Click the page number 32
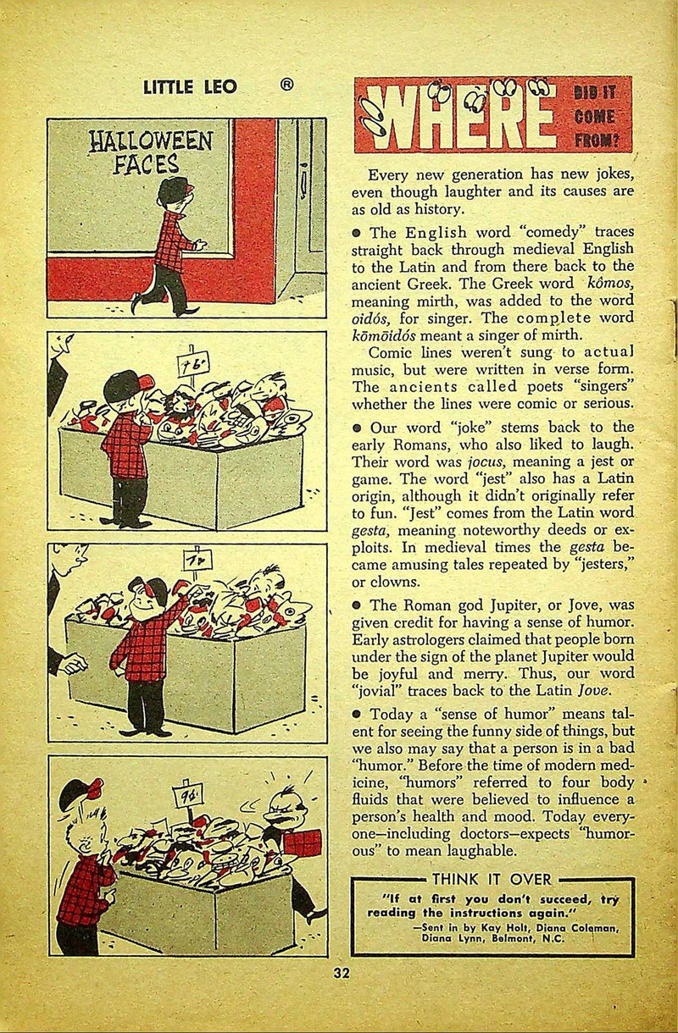click(342, 973)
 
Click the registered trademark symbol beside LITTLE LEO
click(288, 85)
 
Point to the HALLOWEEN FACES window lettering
click(152, 151)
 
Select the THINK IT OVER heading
click(492, 879)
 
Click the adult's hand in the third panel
click(74, 663)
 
